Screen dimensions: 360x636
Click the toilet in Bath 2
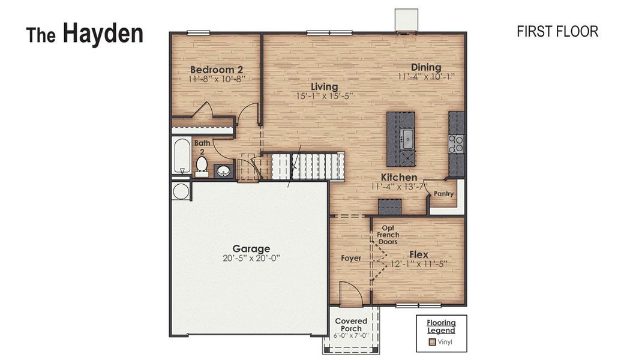tap(202, 166)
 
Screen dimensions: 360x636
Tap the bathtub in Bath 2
tap(181, 156)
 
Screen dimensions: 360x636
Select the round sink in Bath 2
tap(223, 171)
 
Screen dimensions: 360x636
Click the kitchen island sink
tap(407, 139)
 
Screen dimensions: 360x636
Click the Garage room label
tap(251, 248)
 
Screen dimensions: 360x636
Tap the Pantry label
tap(443, 194)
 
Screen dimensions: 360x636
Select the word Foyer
tap(351, 259)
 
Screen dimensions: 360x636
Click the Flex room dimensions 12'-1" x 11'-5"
tap(419, 263)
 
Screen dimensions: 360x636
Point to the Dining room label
tap(426, 67)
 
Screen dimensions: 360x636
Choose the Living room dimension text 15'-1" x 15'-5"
tap(324, 96)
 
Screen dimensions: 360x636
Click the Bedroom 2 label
tap(217, 69)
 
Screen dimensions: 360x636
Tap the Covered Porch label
tap(351, 325)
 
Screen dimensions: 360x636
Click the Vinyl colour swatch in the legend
tap(431, 343)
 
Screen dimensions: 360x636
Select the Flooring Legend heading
tap(441, 326)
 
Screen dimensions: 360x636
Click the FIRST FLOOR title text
tap(557, 32)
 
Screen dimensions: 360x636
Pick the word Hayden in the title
tap(103, 34)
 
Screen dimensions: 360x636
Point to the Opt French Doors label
tap(388, 235)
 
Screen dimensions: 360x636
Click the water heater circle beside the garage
tap(180, 191)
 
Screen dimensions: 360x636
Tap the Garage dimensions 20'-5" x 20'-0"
tap(251, 259)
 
